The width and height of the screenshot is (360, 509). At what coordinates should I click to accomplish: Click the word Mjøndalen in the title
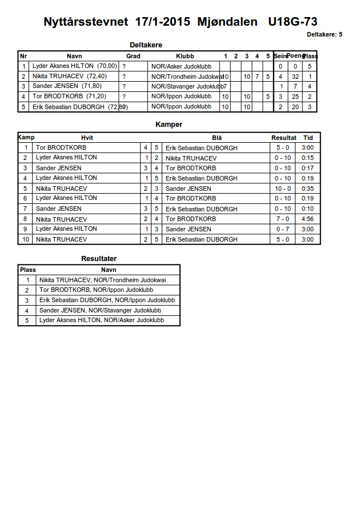[227, 22]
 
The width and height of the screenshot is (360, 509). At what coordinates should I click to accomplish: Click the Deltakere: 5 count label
[324, 35]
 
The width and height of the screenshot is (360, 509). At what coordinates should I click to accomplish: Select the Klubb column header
[185, 56]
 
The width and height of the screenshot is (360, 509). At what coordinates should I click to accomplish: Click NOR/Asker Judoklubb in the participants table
[181, 66]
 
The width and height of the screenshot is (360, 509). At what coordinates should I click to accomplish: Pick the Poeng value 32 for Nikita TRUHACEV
[295, 77]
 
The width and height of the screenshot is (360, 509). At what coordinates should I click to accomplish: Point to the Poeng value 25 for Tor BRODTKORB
[295, 97]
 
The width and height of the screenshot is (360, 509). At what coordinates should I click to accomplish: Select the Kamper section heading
[169, 124]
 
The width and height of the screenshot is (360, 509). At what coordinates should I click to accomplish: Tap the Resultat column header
[283, 138]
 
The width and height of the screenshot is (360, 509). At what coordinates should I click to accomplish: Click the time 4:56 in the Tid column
[308, 219]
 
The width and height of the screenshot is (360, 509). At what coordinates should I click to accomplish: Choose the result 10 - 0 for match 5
[283, 189]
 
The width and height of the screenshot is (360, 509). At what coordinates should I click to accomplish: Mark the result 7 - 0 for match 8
[283, 219]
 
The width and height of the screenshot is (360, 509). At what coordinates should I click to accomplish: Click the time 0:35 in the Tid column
[308, 189]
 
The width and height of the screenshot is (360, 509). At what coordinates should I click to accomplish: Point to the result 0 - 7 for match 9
[283, 229]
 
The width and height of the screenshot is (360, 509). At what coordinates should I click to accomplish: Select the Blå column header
[217, 138]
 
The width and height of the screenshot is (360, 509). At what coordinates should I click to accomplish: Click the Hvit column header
[87, 138]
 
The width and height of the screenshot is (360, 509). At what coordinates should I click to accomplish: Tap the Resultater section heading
[99, 259]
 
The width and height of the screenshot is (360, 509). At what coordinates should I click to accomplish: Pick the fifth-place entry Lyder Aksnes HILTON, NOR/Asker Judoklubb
[102, 320]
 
